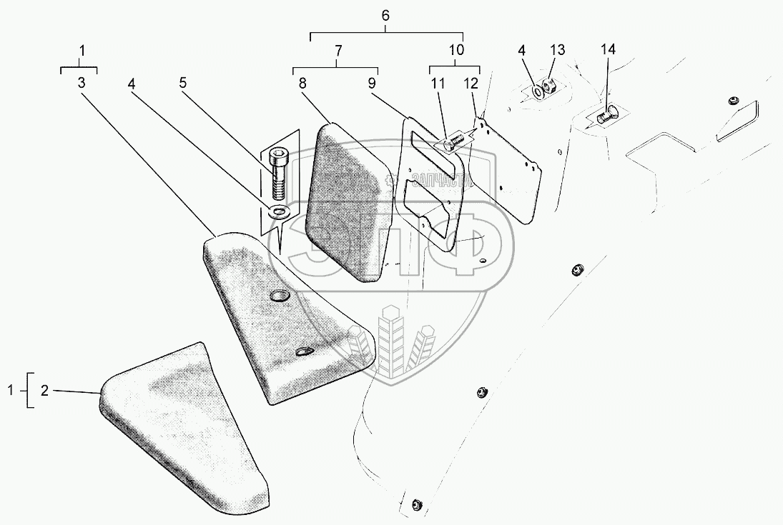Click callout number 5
[x=182, y=83]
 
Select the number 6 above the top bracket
[x=386, y=15]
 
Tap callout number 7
[x=338, y=50]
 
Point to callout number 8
[x=302, y=83]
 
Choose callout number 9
[x=372, y=83]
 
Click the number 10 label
[x=456, y=50]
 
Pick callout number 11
[x=437, y=83]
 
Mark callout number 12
[x=471, y=83]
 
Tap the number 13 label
[x=557, y=50]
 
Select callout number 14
[x=607, y=50]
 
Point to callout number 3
[x=82, y=83]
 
